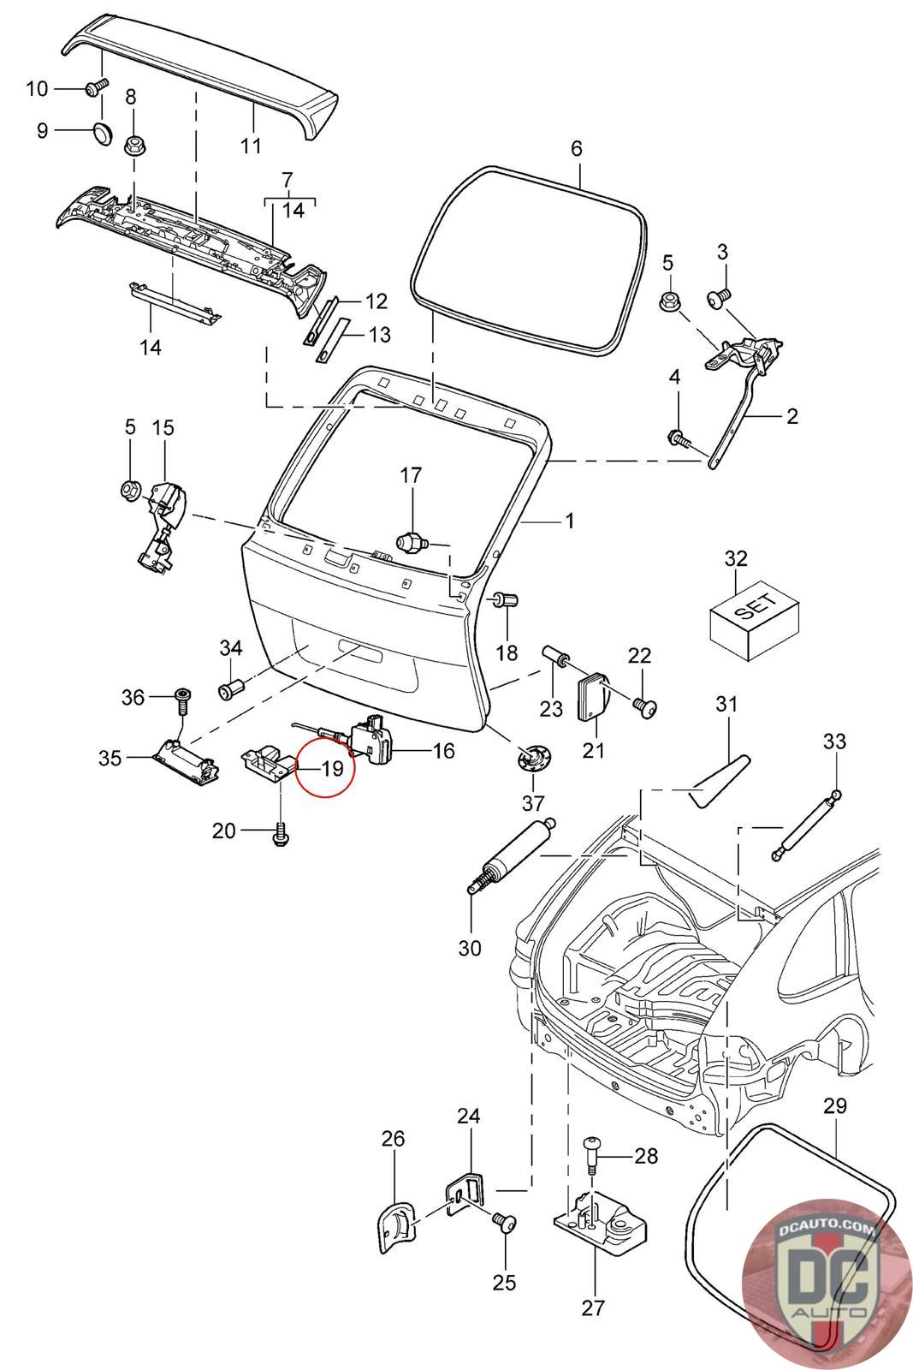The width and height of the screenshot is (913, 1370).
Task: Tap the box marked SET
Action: coord(754,620)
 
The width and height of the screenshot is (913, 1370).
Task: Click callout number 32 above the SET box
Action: coord(736,558)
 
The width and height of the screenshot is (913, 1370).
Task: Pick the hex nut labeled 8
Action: coord(133,146)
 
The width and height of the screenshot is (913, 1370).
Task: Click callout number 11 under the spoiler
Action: coord(251,146)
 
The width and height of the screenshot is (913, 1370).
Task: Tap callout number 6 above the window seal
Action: coord(576,149)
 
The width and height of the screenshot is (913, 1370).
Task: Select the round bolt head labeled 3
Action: coord(720,298)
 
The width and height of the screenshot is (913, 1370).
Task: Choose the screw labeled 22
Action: coord(644,707)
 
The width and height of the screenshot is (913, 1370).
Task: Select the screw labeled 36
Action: coord(183,701)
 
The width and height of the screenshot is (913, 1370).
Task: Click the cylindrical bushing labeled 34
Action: coord(231,689)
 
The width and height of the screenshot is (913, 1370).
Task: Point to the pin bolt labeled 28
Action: coord(592,1154)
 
